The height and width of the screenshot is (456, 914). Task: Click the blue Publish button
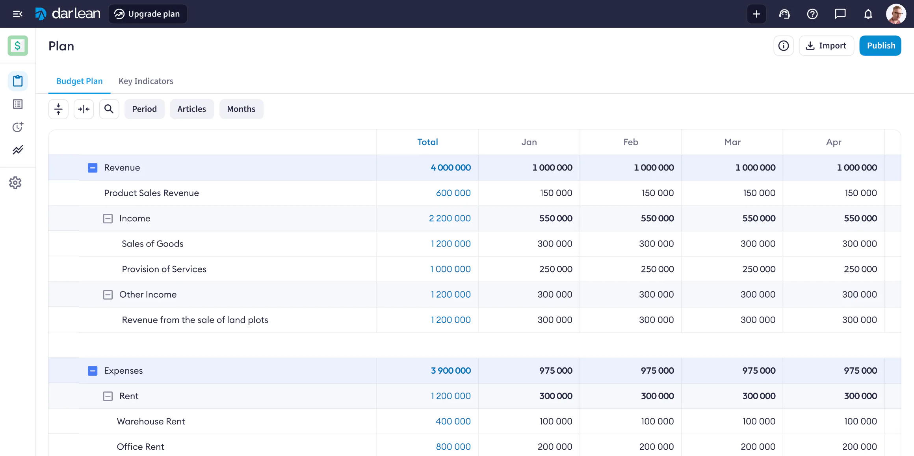click(880, 46)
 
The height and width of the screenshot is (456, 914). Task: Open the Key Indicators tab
click(146, 81)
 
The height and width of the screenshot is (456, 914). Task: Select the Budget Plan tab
click(79, 81)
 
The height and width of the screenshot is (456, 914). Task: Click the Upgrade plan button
click(148, 14)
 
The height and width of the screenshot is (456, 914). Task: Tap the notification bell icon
click(868, 14)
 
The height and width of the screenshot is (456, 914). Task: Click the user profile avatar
click(896, 14)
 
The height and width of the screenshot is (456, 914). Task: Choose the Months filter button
click(241, 109)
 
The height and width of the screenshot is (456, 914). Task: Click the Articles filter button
click(191, 109)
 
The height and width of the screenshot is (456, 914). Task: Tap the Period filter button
click(144, 109)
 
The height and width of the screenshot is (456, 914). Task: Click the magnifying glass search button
click(109, 109)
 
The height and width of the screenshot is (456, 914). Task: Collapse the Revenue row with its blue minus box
click(93, 168)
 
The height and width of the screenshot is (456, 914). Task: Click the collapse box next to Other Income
click(108, 295)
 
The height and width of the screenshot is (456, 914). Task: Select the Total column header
click(427, 142)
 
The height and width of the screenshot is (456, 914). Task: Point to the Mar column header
click(732, 142)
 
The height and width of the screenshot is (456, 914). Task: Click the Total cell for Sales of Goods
click(451, 244)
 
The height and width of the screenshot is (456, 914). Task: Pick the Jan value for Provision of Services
click(555, 269)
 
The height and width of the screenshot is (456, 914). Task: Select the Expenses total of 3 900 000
click(451, 371)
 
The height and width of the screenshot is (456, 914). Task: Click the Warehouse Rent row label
click(151, 421)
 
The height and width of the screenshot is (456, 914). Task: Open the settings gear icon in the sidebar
click(15, 183)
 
